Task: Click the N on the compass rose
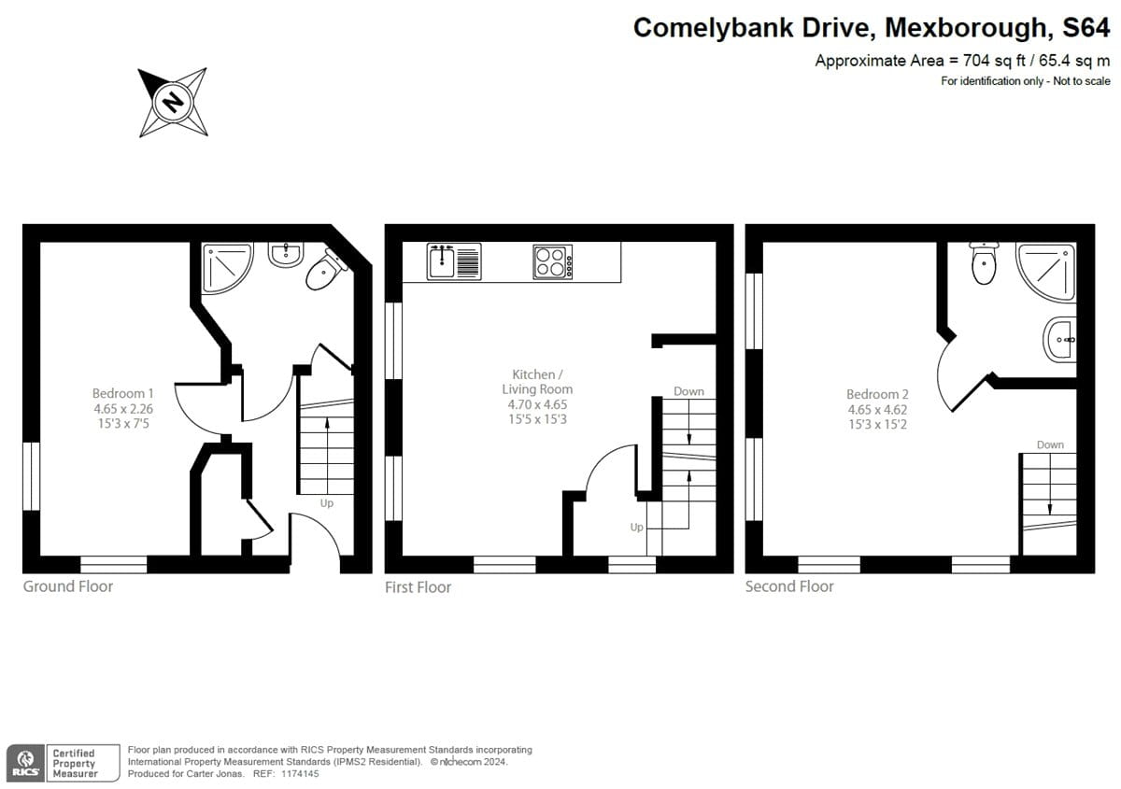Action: [x=173, y=103]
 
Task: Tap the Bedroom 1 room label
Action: [x=123, y=408]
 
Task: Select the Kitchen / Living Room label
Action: [x=537, y=396]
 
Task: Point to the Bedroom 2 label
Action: [x=877, y=409]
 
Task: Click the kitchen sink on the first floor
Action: [x=454, y=261]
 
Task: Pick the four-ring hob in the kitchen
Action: [x=552, y=261]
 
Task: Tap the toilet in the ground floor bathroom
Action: [x=326, y=270]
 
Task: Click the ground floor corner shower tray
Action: [x=227, y=268]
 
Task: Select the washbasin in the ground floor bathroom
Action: [x=285, y=254]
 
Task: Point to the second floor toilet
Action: [x=984, y=263]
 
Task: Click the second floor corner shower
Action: [x=1045, y=272]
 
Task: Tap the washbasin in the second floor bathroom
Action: [x=1060, y=340]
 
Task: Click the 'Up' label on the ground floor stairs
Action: [x=327, y=503]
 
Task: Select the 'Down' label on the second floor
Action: [x=1050, y=444]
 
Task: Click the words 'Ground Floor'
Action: [x=68, y=586]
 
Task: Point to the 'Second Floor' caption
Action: [x=789, y=586]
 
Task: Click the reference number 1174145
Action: [x=300, y=773]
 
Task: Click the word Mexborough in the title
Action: [x=965, y=27]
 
